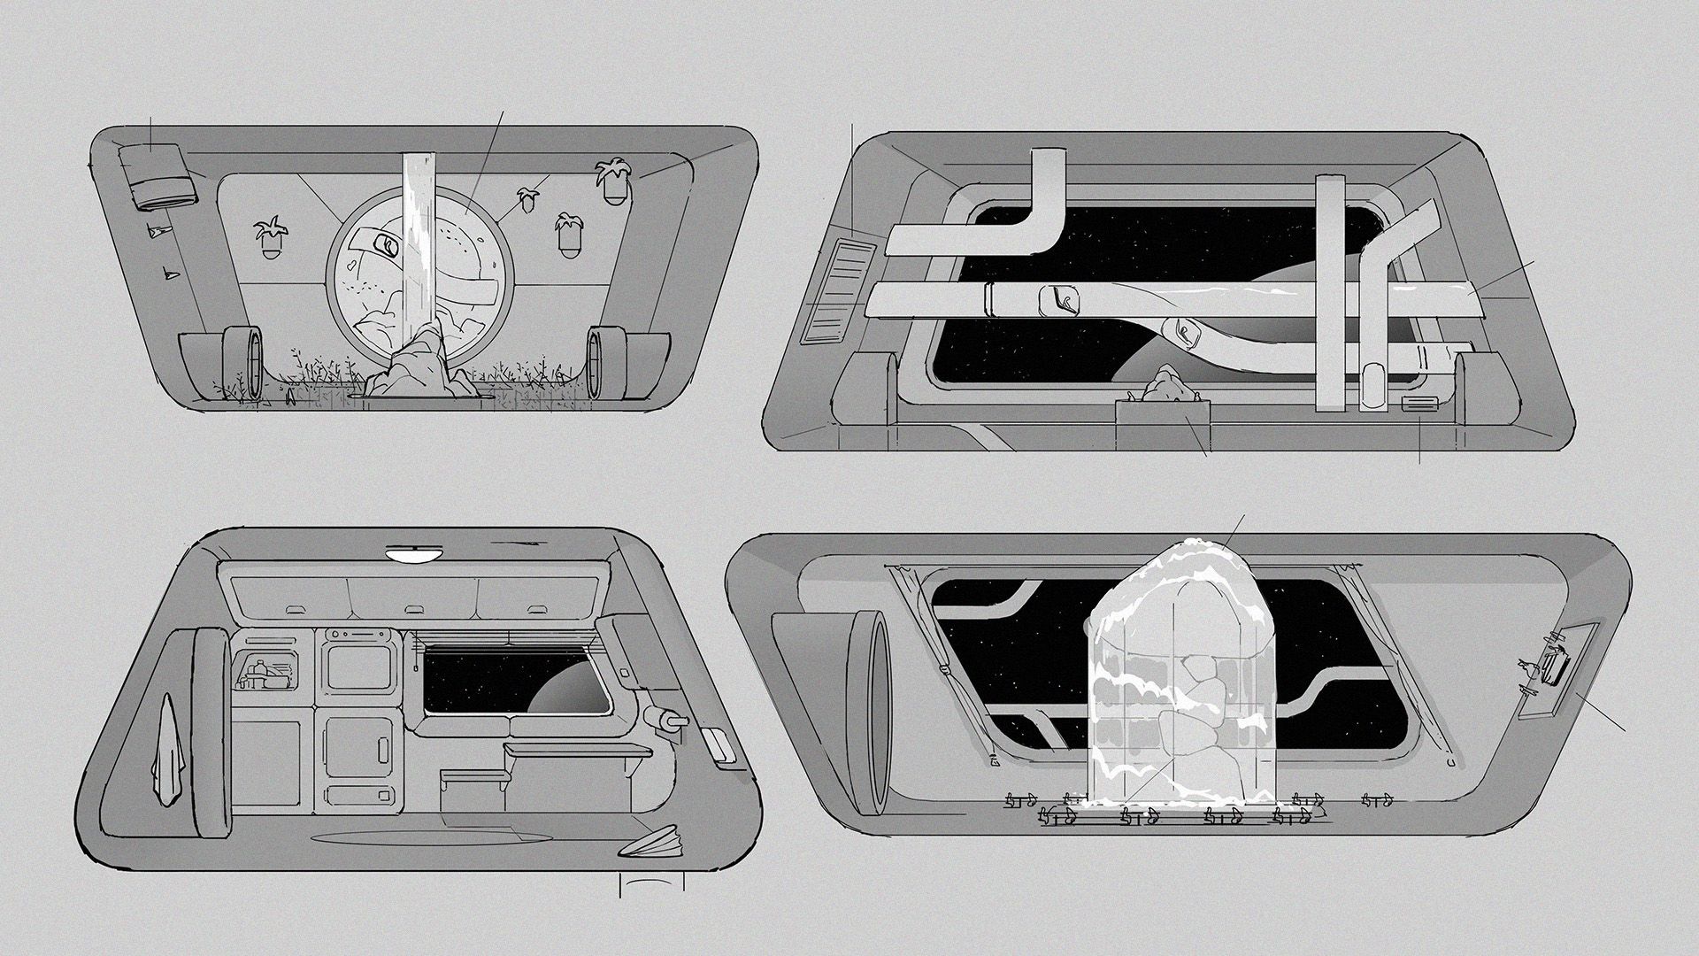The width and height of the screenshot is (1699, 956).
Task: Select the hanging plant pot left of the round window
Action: tap(268, 239)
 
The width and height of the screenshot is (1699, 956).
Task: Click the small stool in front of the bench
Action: tap(475, 779)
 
